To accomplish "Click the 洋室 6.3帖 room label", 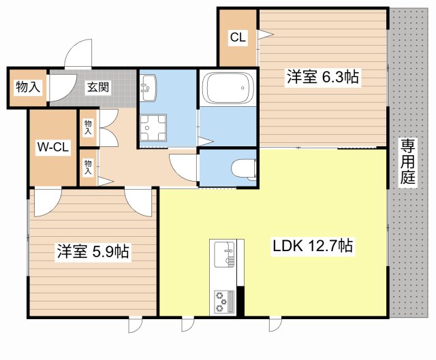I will (x=322, y=78).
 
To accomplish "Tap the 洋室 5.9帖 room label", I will (x=93, y=252).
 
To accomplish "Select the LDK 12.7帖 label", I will (x=313, y=246).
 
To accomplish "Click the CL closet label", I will (x=237, y=38).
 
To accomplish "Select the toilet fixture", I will (x=242, y=167).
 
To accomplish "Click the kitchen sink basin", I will (x=223, y=255).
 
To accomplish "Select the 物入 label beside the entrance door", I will (x=27, y=87).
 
